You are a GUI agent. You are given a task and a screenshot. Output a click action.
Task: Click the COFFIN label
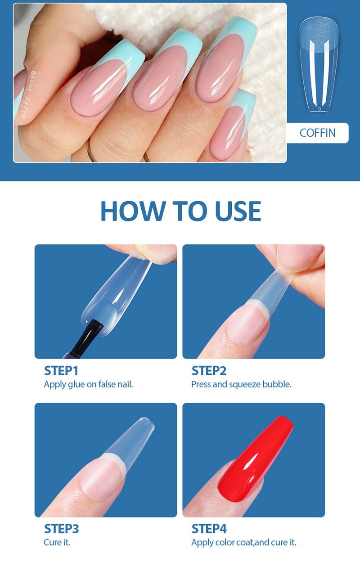[x=317, y=133]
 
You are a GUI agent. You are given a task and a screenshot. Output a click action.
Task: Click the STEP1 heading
[x=61, y=371]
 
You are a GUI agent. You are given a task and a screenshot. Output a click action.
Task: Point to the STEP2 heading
[x=209, y=371]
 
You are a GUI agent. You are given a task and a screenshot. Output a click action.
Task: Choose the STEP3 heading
[x=62, y=529]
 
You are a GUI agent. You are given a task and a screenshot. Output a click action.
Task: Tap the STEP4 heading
[x=209, y=529]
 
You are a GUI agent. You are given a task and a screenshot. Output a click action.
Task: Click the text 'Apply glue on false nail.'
[x=88, y=385]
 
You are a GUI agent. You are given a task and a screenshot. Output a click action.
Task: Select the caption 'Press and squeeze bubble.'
[x=241, y=385]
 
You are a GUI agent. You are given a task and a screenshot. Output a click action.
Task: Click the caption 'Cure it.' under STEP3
[x=57, y=543]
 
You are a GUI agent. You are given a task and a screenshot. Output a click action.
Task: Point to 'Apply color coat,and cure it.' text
[x=243, y=543]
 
